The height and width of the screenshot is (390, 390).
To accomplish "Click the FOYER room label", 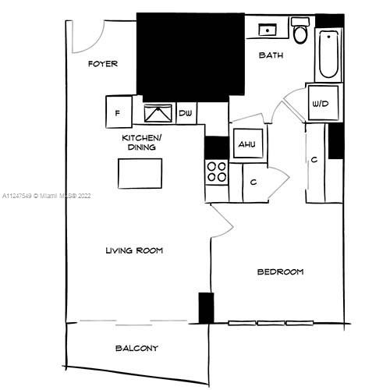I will (103, 64).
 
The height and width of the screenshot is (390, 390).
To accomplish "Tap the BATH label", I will (271, 55).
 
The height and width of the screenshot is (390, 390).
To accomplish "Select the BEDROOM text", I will (280, 271).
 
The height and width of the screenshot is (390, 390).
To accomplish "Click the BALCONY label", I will (136, 348).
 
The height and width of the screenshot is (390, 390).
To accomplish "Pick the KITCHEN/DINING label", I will (139, 142).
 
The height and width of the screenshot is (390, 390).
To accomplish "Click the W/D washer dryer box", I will (319, 104).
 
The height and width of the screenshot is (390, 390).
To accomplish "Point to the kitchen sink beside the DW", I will (159, 113).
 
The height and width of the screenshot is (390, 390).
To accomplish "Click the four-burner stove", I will (216, 172).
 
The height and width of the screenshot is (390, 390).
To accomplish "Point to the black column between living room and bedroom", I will (206, 307).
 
